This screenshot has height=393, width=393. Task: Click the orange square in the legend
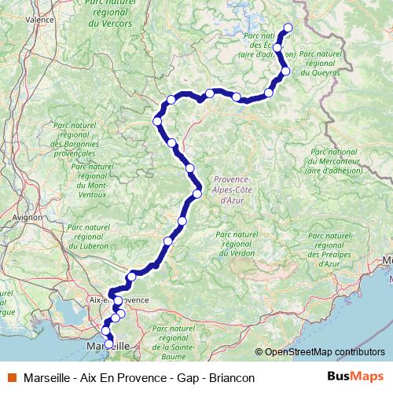(12, 377)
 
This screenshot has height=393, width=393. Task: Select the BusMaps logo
(356, 377)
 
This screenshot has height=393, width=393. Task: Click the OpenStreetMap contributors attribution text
(325, 352)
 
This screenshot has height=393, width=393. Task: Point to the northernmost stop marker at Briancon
(288, 28)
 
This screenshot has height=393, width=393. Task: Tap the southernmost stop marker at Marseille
(108, 343)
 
